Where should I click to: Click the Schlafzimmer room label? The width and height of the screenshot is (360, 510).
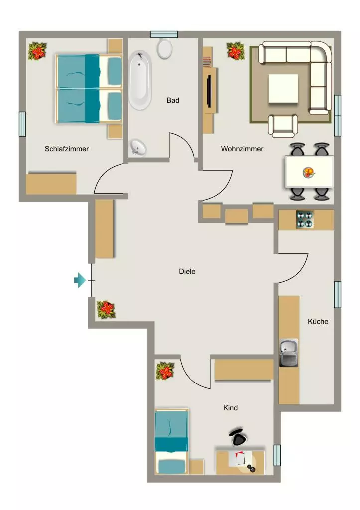tap(67, 149)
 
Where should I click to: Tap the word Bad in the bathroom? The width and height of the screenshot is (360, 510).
tap(173, 100)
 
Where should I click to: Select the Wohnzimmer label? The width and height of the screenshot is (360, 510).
tap(242, 149)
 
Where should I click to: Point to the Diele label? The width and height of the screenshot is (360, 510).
tap(187, 271)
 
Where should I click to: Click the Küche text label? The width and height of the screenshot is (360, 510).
tap(318, 321)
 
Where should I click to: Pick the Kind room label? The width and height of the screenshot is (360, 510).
tap(230, 408)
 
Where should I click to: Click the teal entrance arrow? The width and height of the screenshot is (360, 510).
tap(80, 280)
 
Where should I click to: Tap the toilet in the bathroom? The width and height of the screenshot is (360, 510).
tap(164, 48)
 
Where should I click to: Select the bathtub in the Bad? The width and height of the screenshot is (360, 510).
tap(140, 80)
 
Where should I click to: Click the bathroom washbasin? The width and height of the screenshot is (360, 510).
tap(138, 147)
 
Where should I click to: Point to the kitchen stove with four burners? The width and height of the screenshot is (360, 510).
tap(305, 219)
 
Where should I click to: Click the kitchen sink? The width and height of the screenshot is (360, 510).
tap(288, 353)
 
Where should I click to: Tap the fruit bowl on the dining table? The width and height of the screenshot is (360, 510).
tap(309, 172)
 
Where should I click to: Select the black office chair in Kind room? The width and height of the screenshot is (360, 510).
tap(240, 437)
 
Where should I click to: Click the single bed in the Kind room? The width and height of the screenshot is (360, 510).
tap(172, 441)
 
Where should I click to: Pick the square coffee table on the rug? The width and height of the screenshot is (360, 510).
tap(283, 89)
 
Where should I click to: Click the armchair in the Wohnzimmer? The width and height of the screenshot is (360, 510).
tap(283, 125)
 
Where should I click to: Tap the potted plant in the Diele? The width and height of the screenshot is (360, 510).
tap(106, 309)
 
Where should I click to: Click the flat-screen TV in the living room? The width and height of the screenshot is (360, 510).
tap(210, 91)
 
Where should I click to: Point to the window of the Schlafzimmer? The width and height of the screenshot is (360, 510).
tap(22, 124)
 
